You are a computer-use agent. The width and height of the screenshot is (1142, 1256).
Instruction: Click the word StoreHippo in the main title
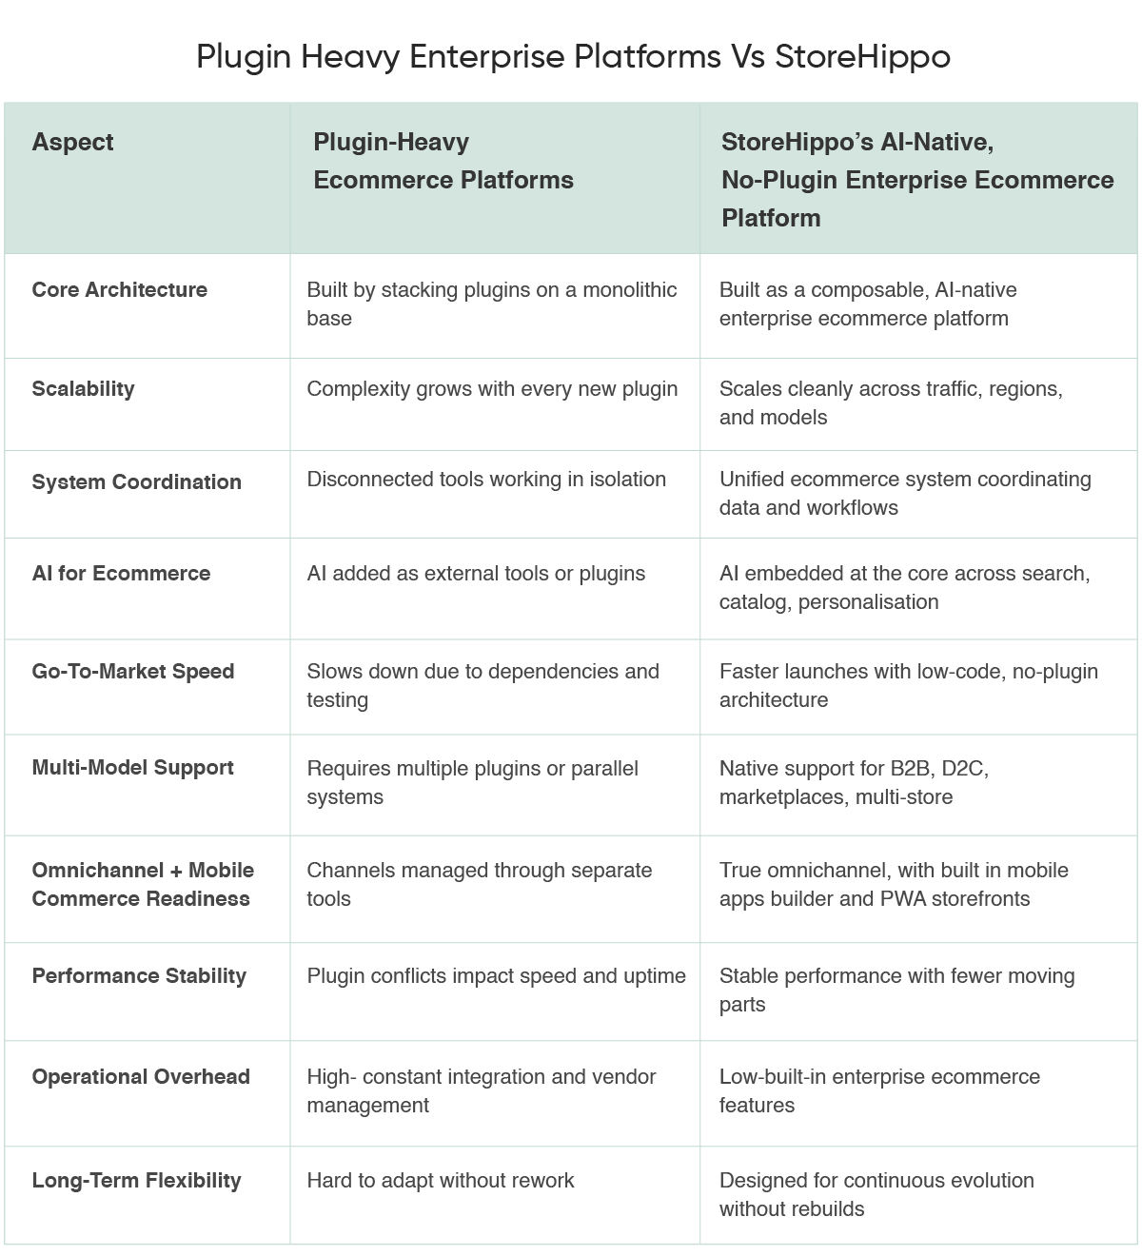pyautogui.click(x=862, y=57)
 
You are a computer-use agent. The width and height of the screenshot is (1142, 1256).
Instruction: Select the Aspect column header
pyautogui.click(x=72, y=142)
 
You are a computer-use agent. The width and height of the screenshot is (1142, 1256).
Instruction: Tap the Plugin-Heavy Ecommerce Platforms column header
pyautogui.click(x=443, y=161)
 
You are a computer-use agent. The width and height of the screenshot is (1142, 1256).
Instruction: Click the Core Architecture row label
pyautogui.click(x=119, y=289)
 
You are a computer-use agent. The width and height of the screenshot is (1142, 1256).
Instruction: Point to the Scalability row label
pyautogui.click(x=83, y=388)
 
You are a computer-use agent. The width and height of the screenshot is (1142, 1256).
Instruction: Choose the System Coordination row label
pyautogui.click(x=136, y=481)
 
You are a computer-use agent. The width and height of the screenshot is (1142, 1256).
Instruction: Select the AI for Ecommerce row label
pyautogui.click(x=121, y=573)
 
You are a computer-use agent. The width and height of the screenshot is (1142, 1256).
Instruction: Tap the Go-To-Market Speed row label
pyautogui.click(x=132, y=671)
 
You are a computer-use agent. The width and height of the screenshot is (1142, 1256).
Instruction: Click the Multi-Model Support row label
pyautogui.click(x=132, y=767)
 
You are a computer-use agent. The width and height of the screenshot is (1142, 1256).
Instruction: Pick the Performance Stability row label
pyautogui.click(x=139, y=975)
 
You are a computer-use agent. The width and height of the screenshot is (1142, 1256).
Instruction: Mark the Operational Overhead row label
pyautogui.click(x=141, y=1076)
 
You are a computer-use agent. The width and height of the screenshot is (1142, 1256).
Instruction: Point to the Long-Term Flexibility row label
pyautogui.click(x=136, y=1180)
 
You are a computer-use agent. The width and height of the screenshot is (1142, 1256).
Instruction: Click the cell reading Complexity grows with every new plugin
pyautogui.click(x=492, y=388)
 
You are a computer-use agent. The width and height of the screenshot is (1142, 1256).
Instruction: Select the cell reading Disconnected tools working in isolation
pyautogui.click(x=486, y=479)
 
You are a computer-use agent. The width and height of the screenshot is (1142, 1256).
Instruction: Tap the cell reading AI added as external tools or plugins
pyautogui.click(x=476, y=573)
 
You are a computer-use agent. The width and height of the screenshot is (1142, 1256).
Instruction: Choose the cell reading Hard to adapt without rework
pyautogui.click(x=441, y=1180)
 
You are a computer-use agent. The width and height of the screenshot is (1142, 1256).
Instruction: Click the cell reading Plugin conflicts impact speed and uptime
pyautogui.click(x=496, y=975)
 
